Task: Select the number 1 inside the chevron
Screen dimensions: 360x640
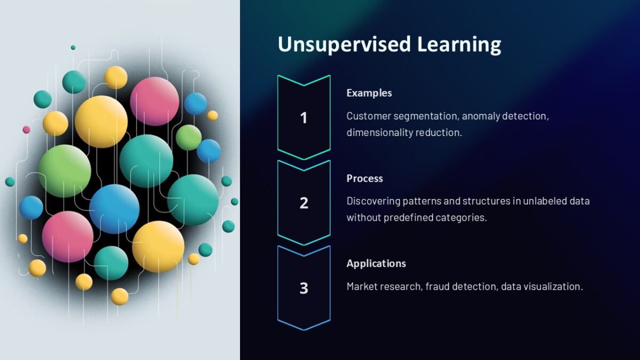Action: pyautogui.click(x=303, y=117)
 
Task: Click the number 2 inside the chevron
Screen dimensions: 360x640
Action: pyautogui.click(x=303, y=203)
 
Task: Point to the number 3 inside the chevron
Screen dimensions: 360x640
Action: pyautogui.click(x=303, y=288)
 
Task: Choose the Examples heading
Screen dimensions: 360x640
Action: pyautogui.click(x=369, y=93)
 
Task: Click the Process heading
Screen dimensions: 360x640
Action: pyautogui.click(x=365, y=178)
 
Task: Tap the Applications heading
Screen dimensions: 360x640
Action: pyautogui.click(x=376, y=263)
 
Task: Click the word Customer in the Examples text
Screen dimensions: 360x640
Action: pyautogui.click(x=368, y=116)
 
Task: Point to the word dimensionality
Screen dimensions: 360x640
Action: pyautogui.click(x=379, y=132)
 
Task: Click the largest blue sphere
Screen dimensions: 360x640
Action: pyautogui.click(x=114, y=209)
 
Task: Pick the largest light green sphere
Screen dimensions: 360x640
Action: pyautogui.click(x=65, y=171)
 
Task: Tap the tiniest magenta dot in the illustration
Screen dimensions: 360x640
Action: pyautogui.click(x=26, y=130)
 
